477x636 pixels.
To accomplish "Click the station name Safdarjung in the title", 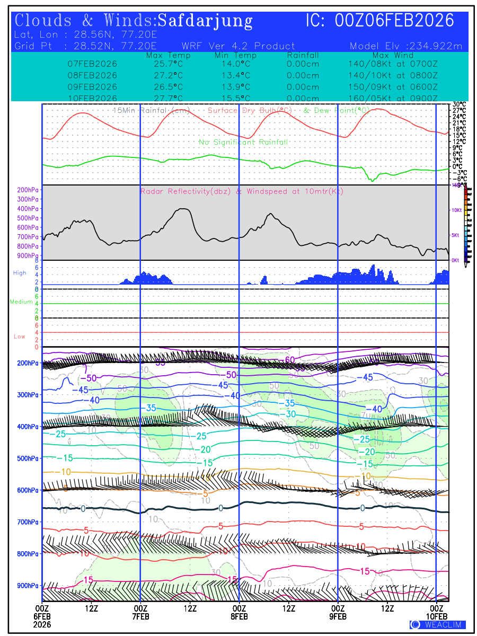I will point(205,21).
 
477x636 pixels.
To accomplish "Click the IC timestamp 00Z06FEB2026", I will point(395,21).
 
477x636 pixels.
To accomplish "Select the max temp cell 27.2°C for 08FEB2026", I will point(165,75).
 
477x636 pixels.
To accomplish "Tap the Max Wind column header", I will point(393,56).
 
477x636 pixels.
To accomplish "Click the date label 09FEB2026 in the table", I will point(92,86).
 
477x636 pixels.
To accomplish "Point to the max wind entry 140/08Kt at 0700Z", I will point(393,64).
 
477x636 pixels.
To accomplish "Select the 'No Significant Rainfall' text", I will point(243,142).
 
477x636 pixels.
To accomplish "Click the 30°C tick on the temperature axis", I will point(460,104).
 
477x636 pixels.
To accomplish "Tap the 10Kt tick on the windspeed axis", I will point(456,210).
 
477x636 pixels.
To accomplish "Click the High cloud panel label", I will point(20,273).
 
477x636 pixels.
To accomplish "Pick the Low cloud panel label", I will point(19,337).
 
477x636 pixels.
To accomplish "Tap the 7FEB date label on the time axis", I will point(140,617).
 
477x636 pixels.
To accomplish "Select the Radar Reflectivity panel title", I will point(242,191).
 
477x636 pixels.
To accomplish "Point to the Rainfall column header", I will point(303,56).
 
